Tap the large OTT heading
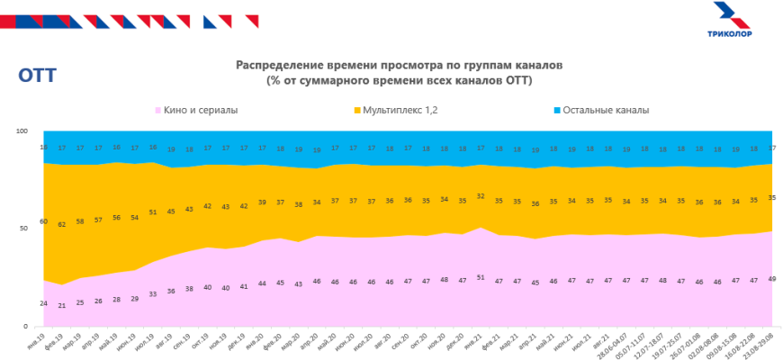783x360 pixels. (x=37, y=76)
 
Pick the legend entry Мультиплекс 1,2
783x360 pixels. (x=400, y=110)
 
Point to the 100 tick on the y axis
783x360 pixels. (x=22, y=131)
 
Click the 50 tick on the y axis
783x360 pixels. (x=25, y=229)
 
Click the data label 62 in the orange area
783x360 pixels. (x=61, y=223)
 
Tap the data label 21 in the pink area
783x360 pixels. (x=61, y=305)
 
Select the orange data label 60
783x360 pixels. (x=42, y=220)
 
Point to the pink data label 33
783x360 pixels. (x=153, y=293)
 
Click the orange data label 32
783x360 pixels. (x=481, y=195)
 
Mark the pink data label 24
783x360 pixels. (x=42, y=302)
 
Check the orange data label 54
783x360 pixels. (x=135, y=217)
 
